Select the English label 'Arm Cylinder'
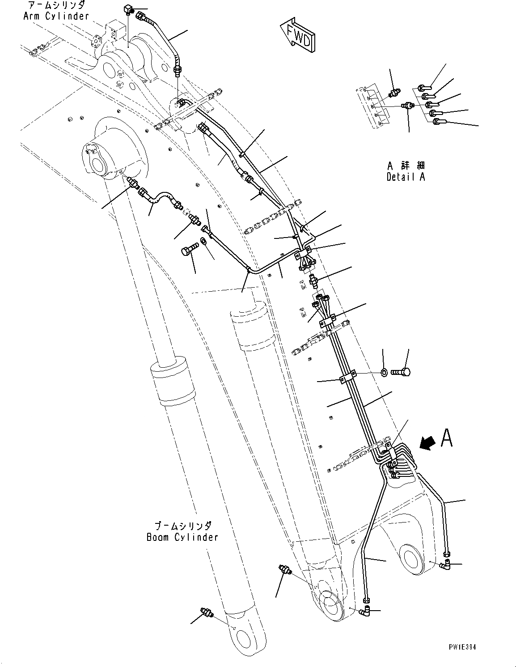[x=56, y=16]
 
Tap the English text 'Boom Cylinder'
[x=182, y=537]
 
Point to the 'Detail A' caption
[x=406, y=177]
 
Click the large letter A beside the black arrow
[x=447, y=438]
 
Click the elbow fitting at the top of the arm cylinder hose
[x=128, y=8]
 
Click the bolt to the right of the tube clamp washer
[x=402, y=371]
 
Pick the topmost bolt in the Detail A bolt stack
[x=425, y=88]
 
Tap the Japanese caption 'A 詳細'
[x=406, y=165]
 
